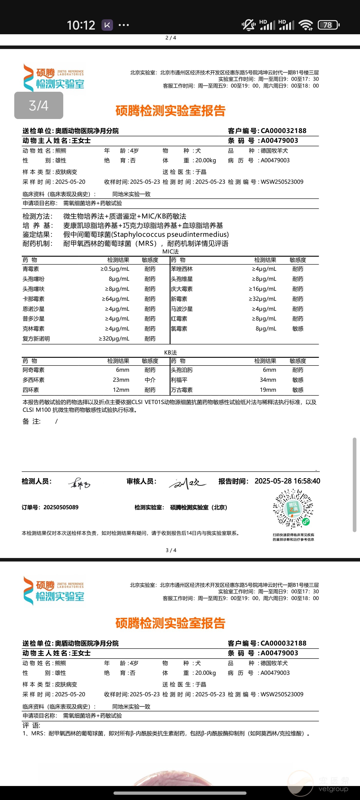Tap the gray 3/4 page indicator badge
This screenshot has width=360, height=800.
click(x=38, y=105)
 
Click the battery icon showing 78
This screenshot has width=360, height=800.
click(x=328, y=25)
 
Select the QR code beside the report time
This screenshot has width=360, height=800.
click(x=293, y=509)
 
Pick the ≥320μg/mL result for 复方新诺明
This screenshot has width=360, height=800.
click(x=114, y=338)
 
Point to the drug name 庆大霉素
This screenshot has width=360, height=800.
click(x=182, y=289)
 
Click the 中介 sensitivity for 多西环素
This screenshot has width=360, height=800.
click(x=150, y=380)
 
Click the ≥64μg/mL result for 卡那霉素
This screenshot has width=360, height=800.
click(x=115, y=299)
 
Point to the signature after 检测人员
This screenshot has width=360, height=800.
click(x=79, y=483)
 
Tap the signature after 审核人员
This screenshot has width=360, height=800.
click(x=187, y=483)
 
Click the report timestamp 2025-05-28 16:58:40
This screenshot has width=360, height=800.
click(x=287, y=481)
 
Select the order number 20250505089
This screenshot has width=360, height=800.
click(x=61, y=507)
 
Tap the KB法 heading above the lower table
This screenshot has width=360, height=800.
click(x=170, y=352)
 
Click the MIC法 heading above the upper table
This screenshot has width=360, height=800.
click(x=170, y=251)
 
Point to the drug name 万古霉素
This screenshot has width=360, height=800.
click(x=182, y=390)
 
